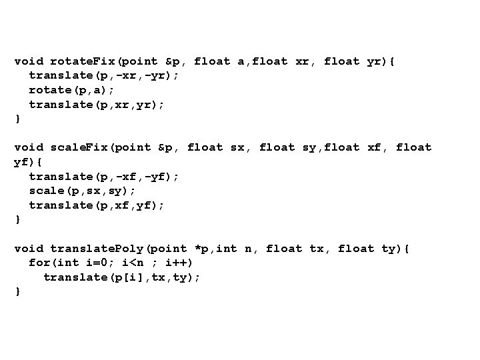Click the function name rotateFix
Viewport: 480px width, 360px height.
pos(83,61)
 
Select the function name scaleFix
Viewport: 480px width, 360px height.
pos(79,147)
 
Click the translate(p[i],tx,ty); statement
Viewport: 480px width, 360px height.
pos(122,277)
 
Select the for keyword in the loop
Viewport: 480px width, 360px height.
pos(39,263)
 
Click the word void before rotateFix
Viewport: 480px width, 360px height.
pos(29,61)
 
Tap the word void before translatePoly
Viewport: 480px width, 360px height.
pos(29,249)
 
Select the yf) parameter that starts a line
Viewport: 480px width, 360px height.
pos(23,162)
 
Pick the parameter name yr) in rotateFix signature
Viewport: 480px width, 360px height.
pos(377,61)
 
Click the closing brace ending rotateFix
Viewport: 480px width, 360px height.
pos(17,119)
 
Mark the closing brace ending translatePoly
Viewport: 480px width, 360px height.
pos(17,291)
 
